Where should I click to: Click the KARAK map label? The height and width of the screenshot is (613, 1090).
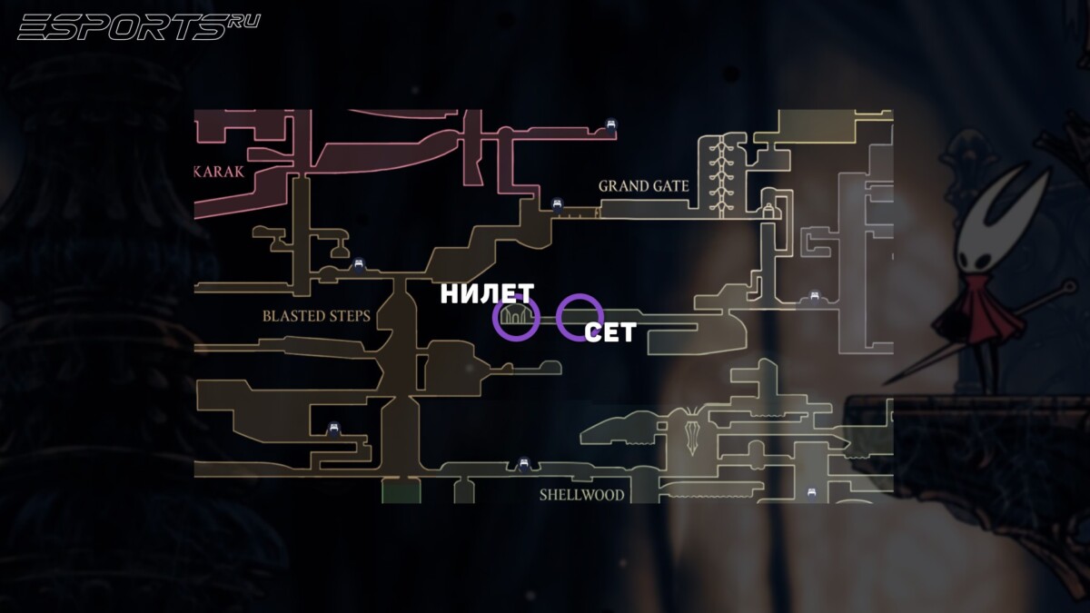[x=220, y=173]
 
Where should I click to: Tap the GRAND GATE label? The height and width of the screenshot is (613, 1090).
[x=643, y=186]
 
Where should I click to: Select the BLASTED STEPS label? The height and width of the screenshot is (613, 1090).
[x=316, y=316]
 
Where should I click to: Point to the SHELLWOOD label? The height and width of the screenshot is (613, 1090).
[x=581, y=495]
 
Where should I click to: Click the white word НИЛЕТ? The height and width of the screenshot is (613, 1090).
[x=487, y=294]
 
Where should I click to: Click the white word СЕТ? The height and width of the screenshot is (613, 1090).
[x=609, y=332]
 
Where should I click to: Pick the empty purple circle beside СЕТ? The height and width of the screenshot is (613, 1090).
[x=580, y=317]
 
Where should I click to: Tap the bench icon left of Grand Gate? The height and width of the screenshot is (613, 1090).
[x=558, y=206]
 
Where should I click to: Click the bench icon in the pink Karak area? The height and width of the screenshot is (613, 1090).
[x=611, y=127]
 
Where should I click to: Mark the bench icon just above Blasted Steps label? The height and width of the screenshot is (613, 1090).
[x=359, y=265]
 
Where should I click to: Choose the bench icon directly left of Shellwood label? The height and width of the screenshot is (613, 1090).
[x=523, y=466]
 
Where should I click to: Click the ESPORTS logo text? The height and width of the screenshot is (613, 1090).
[x=122, y=27]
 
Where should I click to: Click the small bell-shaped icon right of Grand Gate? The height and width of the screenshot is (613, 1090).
[x=768, y=211]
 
